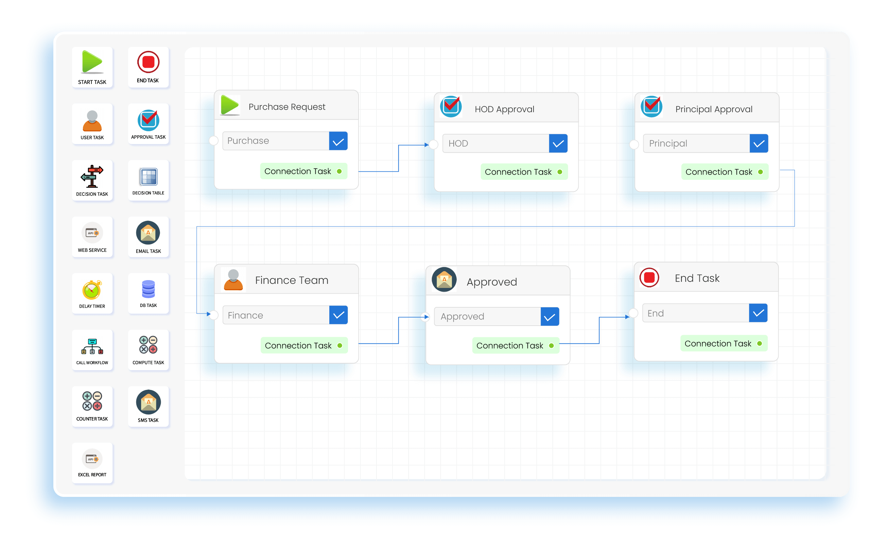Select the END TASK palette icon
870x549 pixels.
click(x=148, y=62)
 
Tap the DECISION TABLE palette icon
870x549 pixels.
click(x=149, y=177)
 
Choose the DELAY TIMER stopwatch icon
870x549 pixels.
click(x=92, y=290)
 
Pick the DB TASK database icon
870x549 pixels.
click(x=148, y=289)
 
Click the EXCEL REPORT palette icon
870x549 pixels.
click(x=92, y=459)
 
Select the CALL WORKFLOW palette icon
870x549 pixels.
click(x=92, y=346)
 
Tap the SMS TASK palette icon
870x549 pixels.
click(x=148, y=402)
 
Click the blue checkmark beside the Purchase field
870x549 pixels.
click(x=338, y=141)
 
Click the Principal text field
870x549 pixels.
click(x=696, y=143)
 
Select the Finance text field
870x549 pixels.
click(x=276, y=315)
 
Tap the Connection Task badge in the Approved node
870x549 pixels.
click(x=515, y=345)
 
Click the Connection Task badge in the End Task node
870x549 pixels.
click(x=723, y=343)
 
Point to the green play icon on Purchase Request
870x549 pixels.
click(x=230, y=105)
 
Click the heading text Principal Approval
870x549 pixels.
click(x=714, y=109)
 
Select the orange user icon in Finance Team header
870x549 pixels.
click(x=233, y=280)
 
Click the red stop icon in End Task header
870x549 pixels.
click(x=649, y=278)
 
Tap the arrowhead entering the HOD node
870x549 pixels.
click(x=427, y=145)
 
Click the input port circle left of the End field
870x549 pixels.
click(x=633, y=313)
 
